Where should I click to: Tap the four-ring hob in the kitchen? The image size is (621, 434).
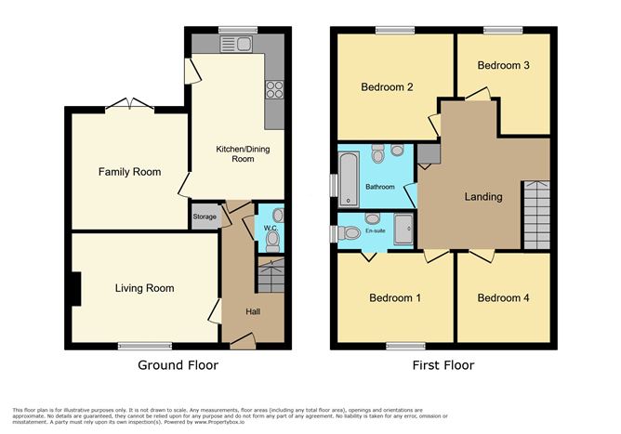[274, 89]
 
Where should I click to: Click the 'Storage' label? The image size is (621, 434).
[205, 217]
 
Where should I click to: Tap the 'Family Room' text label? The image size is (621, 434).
[130, 172]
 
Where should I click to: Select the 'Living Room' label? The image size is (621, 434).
[144, 288]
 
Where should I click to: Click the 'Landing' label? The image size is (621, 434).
[483, 196]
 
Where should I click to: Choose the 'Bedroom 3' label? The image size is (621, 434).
[504, 66]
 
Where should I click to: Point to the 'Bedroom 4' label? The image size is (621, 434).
[503, 298]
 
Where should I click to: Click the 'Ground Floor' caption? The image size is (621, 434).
[178, 365]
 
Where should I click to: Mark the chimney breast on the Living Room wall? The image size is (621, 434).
[77, 290]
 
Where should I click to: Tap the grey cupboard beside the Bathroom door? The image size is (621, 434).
[428, 155]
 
